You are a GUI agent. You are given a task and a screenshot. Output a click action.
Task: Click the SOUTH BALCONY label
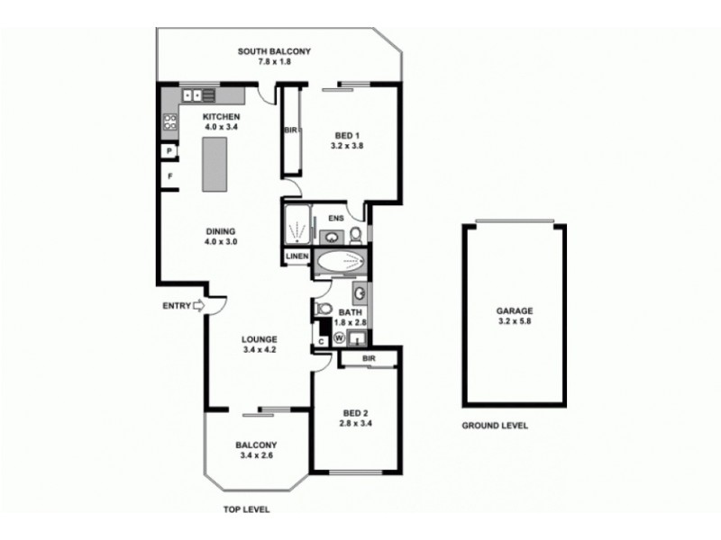tap(274, 52)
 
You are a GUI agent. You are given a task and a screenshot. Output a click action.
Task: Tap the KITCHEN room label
tap(221, 118)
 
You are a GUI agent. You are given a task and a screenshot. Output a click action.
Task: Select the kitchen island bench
tap(214, 166)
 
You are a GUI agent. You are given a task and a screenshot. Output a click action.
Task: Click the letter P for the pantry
tap(169, 151)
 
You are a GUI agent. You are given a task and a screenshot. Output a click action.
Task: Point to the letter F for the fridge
tap(169, 175)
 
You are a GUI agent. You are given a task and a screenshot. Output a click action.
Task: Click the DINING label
tap(220, 231)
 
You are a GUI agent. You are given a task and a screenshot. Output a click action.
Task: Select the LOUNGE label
tap(258, 340)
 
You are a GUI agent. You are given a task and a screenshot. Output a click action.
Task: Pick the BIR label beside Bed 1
tap(290, 130)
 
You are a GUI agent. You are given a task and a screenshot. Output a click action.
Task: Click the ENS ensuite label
tap(335, 218)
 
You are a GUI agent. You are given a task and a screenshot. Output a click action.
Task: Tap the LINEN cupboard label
tap(297, 257)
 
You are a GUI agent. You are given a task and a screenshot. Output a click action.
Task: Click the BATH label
tap(350, 312)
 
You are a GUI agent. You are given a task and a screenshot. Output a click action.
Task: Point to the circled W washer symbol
tap(339, 338)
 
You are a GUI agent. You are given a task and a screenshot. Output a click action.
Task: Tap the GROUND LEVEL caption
tap(495, 426)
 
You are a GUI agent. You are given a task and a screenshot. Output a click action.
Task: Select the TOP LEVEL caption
tap(246, 509)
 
